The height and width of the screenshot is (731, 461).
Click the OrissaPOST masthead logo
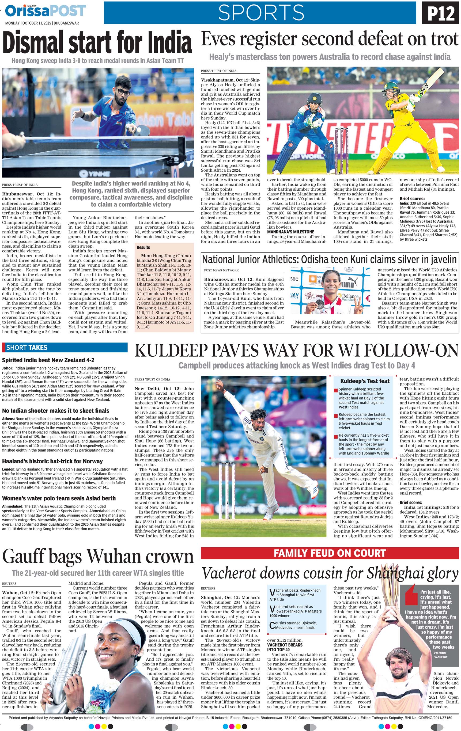point(46,11)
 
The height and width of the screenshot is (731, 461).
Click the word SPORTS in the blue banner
point(261,13)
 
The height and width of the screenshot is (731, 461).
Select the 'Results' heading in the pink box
point(143,247)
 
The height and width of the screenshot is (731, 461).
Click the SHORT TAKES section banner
point(65,348)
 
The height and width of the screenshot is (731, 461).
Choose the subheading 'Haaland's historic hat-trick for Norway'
point(52,461)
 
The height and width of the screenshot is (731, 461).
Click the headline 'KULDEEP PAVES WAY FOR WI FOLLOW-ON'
point(296,351)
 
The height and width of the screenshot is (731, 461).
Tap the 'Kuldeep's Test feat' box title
point(365,381)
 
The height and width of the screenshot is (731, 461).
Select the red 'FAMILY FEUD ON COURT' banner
point(330,553)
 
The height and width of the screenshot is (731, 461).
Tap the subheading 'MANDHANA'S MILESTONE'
point(290,232)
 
